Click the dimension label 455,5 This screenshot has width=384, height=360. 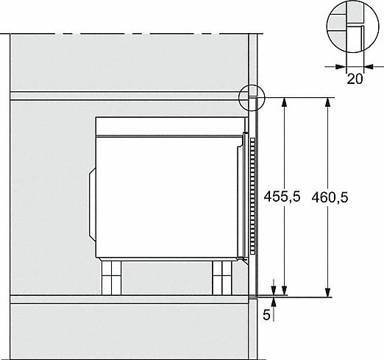click(x=282, y=197)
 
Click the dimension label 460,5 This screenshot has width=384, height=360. click(x=330, y=197)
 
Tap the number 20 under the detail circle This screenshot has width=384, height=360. click(x=355, y=79)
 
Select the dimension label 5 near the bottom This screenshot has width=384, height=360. click(x=266, y=314)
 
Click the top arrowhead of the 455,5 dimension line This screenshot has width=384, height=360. click(x=284, y=102)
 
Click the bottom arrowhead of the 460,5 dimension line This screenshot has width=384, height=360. click(x=327, y=292)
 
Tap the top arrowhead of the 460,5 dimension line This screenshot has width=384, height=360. click(x=327, y=102)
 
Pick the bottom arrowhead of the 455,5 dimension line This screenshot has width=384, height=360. click(x=284, y=291)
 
